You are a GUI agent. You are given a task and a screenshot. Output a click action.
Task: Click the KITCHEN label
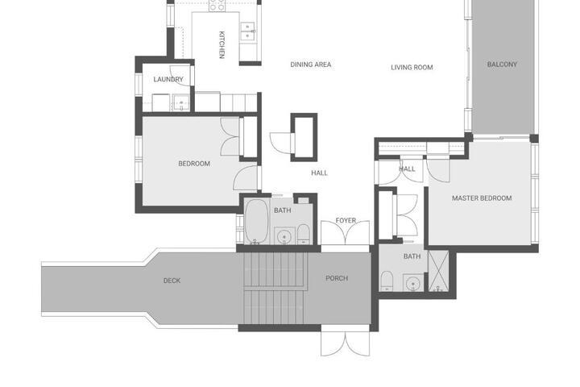click(222, 45)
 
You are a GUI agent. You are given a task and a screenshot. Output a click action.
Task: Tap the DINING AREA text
click(311, 64)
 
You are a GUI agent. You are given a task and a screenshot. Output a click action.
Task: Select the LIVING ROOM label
click(412, 68)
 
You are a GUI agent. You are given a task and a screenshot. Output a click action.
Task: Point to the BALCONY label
click(502, 64)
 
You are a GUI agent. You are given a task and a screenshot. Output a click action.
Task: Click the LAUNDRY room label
click(168, 79)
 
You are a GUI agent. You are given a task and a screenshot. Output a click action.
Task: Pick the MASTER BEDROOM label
click(482, 198)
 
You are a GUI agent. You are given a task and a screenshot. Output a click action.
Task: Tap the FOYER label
click(346, 220)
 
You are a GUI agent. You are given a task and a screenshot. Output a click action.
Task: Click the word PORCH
click(337, 278)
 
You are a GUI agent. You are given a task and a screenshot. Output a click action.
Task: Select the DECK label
click(172, 281)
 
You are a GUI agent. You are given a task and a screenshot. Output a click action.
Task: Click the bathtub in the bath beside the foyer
click(256, 222)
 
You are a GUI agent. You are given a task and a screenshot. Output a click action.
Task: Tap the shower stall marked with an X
click(438, 271)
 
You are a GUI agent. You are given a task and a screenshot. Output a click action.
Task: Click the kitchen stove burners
click(217, 5)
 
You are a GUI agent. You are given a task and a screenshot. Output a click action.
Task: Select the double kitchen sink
click(247, 31)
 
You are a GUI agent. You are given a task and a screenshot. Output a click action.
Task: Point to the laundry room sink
click(181, 102)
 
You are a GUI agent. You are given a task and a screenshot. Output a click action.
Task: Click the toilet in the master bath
click(387, 281)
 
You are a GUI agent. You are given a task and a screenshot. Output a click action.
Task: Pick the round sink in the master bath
click(413, 284)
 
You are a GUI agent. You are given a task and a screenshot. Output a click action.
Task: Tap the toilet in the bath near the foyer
click(304, 234)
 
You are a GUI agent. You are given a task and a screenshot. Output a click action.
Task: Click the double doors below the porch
click(345, 343)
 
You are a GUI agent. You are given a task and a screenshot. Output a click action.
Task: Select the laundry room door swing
click(180, 76)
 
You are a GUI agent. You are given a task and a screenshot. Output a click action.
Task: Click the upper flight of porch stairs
click(275, 269)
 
